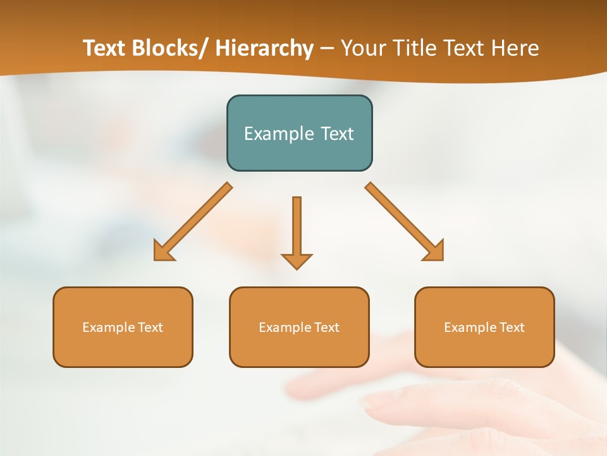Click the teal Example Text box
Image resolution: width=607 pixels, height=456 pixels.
coord(299,133)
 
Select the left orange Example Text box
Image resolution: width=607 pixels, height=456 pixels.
coord(123,327)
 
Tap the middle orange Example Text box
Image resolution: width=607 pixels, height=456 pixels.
coord(299,327)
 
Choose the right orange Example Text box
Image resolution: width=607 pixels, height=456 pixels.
coord(484,327)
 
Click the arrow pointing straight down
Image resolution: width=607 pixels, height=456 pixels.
coord(297,231)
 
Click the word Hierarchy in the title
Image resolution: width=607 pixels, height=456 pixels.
coord(264,48)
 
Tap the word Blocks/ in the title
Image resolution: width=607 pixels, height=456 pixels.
coord(171,48)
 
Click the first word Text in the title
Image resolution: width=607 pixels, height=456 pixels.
coord(105,48)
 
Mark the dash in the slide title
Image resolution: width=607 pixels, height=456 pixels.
coord(327,49)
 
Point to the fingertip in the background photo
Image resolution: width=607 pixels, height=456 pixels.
coord(370,400)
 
